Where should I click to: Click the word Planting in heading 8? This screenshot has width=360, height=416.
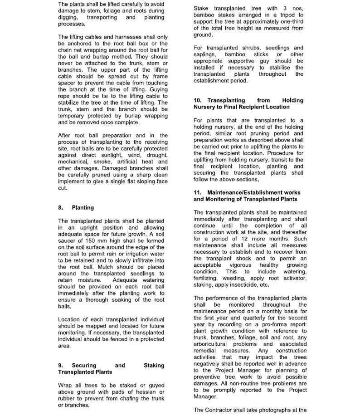pos(83,208)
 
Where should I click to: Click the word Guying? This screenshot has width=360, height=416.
pos(156,89)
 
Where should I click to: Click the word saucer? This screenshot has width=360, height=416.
pos(68,240)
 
